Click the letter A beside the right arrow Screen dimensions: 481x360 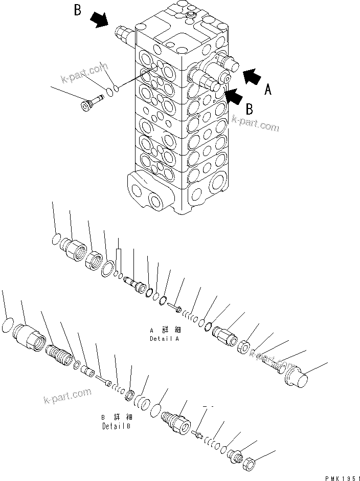[x=267, y=91]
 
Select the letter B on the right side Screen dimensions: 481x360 [x=250, y=109]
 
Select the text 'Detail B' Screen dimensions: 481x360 [x=117, y=426]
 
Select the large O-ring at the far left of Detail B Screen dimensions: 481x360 [x=8, y=325]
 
